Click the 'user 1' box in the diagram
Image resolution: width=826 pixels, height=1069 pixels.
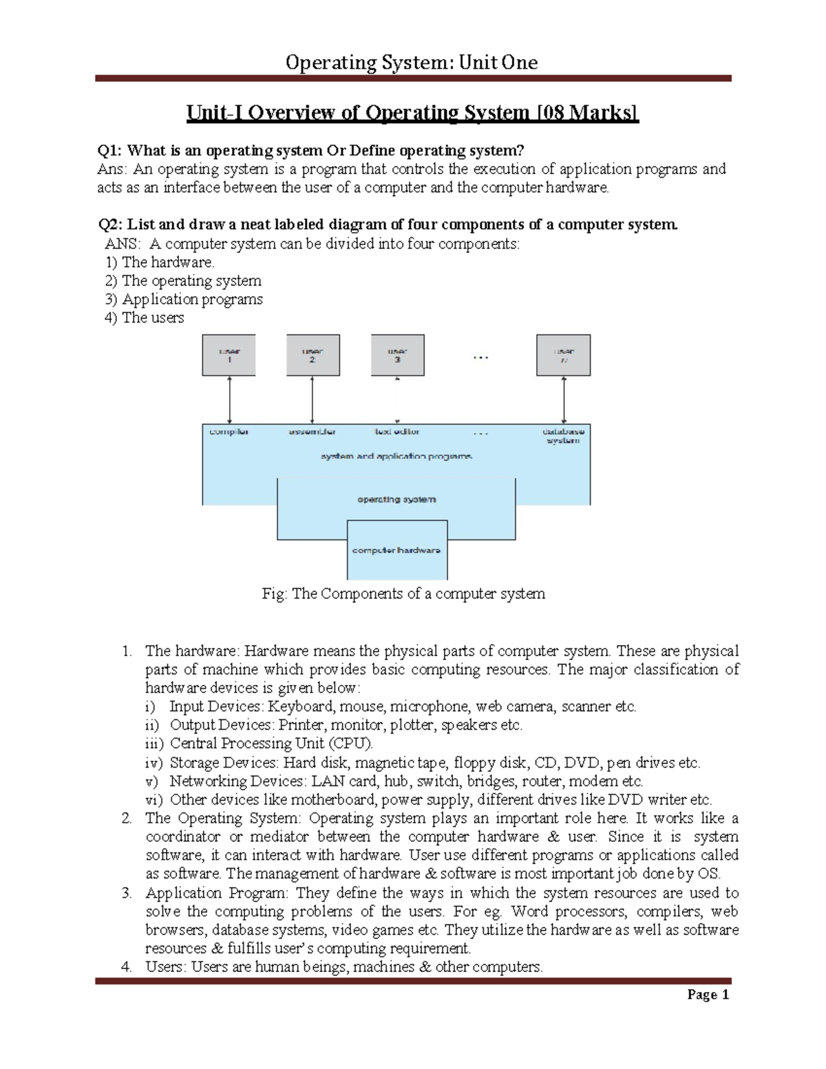point(229,355)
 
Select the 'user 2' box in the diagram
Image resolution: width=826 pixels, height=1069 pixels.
point(313,355)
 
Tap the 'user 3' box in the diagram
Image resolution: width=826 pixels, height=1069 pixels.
point(397,355)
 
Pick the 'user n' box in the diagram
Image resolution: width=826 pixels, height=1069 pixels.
point(563,355)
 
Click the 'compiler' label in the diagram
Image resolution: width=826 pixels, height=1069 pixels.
point(229,432)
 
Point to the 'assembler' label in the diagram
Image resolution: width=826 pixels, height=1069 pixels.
point(312,432)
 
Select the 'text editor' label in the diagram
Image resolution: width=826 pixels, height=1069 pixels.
point(396,432)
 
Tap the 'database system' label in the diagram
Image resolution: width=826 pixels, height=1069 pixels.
point(563,436)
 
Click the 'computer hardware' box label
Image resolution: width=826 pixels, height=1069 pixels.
point(396,551)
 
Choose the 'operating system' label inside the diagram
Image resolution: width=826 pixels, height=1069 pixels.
point(396,500)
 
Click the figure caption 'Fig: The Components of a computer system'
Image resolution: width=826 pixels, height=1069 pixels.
point(403,594)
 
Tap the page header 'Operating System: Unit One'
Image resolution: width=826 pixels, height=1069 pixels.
point(412,63)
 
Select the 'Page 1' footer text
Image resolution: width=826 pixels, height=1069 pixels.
point(708,995)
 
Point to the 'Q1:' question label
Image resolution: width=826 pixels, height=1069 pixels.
point(111,151)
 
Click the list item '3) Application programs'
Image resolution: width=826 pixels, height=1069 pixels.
point(184,299)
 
